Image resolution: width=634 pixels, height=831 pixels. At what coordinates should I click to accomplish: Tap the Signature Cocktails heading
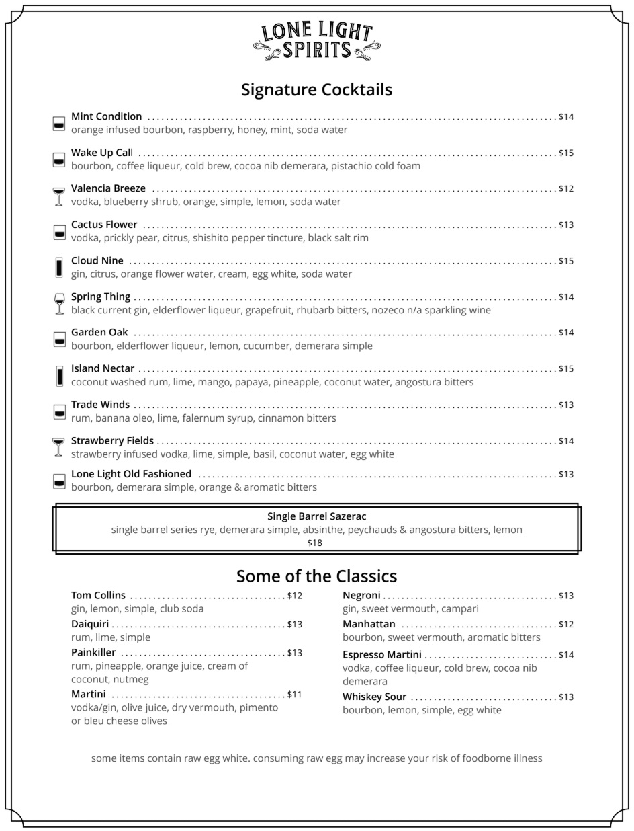point(316,90)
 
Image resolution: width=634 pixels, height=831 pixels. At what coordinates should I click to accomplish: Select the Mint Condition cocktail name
point(106,117)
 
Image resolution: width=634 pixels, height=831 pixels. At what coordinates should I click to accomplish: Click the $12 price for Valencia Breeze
point(566,189)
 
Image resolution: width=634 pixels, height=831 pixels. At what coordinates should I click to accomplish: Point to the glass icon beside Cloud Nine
point(59,267)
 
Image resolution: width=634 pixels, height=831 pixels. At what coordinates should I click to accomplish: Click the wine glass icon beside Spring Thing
point(59,303)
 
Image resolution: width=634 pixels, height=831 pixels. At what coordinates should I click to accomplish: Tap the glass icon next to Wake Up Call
point(59,159)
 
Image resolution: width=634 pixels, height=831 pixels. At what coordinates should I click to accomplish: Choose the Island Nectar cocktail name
point(103,369)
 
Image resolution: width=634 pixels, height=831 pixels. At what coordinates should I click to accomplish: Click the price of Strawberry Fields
point(566,441)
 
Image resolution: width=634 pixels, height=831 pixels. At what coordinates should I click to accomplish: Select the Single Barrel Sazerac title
point(316,516)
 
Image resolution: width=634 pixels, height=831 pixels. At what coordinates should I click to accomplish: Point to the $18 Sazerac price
point(314,543)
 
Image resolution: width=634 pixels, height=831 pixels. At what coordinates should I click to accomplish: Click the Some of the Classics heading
point(316,576)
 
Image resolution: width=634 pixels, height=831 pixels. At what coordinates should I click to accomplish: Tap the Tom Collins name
point(98,596)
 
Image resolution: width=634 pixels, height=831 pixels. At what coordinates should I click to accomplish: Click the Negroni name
point(361,596)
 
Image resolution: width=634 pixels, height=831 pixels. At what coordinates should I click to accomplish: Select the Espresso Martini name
point(382,655)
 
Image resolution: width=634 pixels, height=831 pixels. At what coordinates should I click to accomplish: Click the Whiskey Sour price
point(566,697)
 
